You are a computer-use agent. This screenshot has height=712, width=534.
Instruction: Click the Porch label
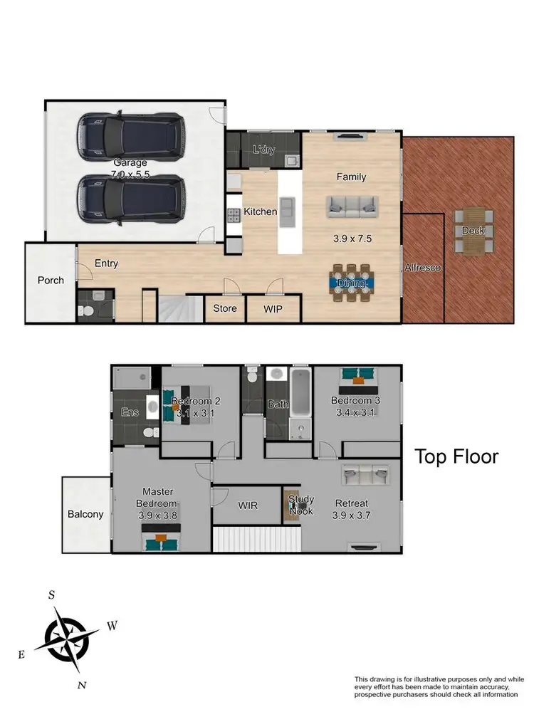click(51, 280)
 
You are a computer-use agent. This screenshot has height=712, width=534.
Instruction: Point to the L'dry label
click(263, 150)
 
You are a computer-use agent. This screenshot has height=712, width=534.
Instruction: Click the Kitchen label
click(260, 211)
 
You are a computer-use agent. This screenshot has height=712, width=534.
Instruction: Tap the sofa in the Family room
click(351, 206)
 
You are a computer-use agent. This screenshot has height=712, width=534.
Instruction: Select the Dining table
click(352, 283)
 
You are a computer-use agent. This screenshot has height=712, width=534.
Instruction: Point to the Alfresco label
click(423, 268)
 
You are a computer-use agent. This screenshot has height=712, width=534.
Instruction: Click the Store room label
click(225, 309)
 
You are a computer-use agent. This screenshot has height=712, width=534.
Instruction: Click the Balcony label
click(85, 514)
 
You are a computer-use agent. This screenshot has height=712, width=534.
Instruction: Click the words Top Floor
click(456, 456)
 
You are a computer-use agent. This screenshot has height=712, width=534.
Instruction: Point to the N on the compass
click(82, 685)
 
